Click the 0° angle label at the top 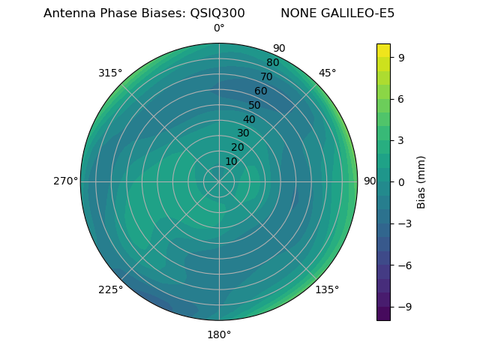[219, 28]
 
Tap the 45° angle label [327, 73]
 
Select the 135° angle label [327, 289]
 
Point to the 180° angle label [219, 334]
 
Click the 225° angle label [110, 289]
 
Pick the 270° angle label [65, 181]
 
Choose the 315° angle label [110, 73]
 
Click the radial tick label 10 [231, 161]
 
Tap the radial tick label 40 [249, 119]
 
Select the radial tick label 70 [266, 76]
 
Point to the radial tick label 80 [272, 62]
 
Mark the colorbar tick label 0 [402, 181]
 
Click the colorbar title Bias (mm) [421, 181]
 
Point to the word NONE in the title [295, 13]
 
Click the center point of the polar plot [219, 181]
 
